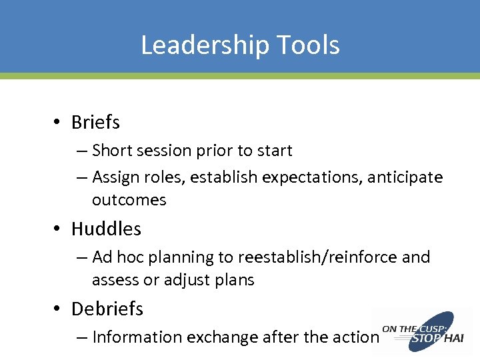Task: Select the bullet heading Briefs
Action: point(95,123)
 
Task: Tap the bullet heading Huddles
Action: point(106,229)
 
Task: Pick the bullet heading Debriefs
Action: point(107,309)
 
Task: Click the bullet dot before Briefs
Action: point(59,123)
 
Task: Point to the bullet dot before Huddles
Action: point(59,229)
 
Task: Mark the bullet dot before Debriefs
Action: point(59,309)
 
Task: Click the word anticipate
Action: point(405,177)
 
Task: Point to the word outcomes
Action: point(129,200)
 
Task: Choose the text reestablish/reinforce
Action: point(313,257)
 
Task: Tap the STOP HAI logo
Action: point(423,331)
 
